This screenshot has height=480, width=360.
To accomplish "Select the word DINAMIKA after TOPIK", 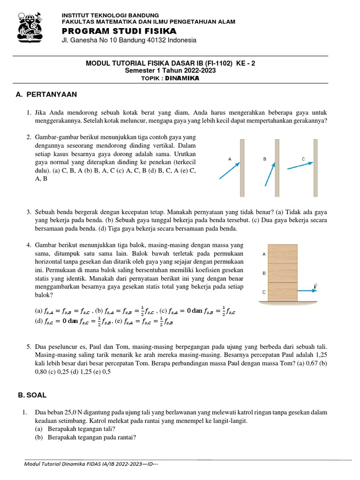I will coord(182,78).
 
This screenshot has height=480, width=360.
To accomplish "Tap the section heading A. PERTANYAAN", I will coord(46,94).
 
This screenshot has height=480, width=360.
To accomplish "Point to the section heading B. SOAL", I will coord(32,395).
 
